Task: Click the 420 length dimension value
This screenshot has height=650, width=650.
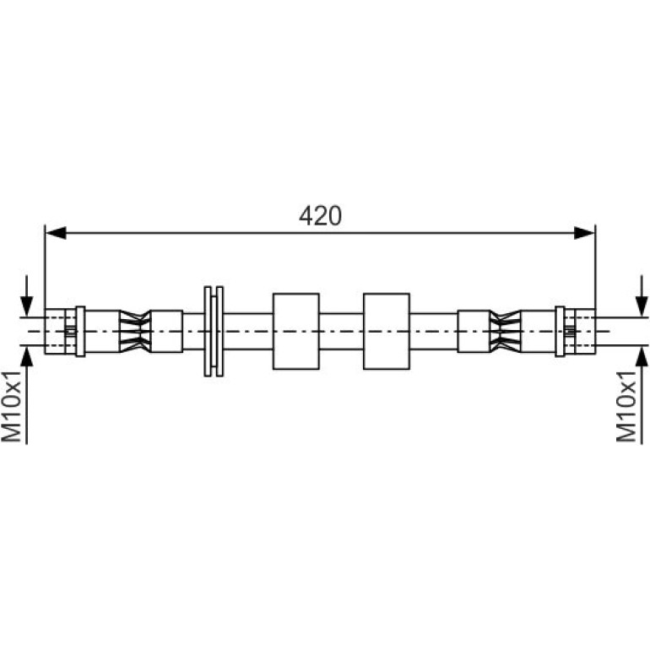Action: [x=320, y=216]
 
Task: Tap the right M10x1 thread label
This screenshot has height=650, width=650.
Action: [x=626, y=407]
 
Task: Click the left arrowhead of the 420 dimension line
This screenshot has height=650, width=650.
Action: [x=56, y=233]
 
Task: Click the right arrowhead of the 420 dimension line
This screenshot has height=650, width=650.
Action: [x=584, y=233]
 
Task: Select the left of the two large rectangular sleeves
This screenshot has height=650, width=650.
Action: [x=296, y=331]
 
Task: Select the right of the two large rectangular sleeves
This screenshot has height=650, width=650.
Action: [x=387, y=331]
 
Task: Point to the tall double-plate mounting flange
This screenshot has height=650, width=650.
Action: [x=214, y=331]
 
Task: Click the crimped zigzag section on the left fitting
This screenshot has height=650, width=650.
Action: [x=135, y=331]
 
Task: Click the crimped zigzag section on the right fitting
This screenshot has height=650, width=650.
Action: [x=505, y=331]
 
